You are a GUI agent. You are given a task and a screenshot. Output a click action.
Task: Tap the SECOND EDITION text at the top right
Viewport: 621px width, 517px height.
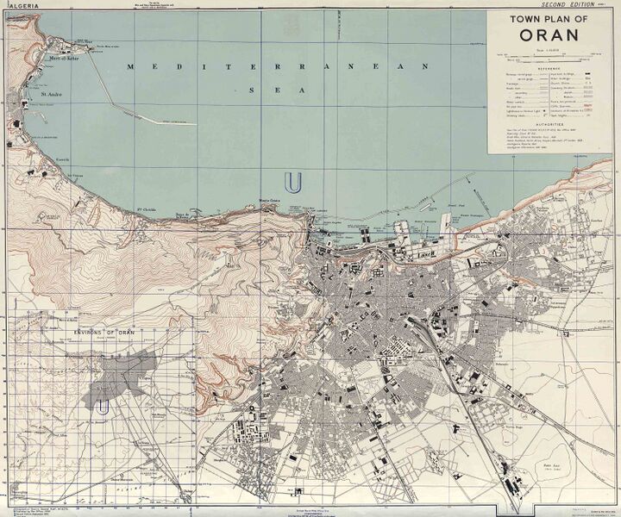coord(563,4)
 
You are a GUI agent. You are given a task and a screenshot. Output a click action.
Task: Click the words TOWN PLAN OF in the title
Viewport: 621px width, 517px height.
coord(549,20)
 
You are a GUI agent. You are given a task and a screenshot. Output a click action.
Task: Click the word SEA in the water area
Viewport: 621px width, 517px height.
coord(259,89)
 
